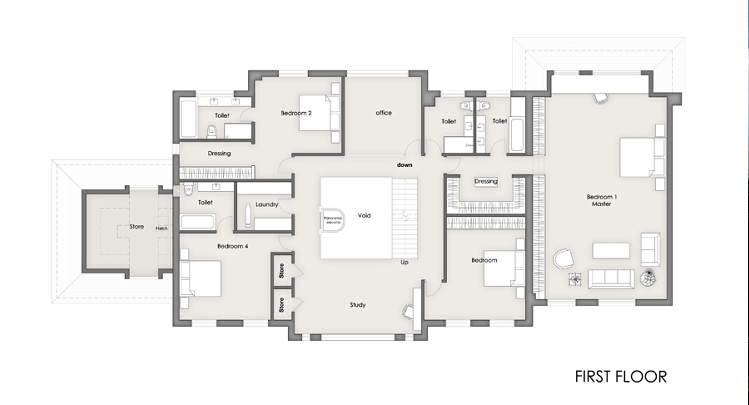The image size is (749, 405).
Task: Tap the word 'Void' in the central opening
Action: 364,216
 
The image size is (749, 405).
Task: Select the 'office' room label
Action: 383,113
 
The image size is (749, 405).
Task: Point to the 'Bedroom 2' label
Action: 296,113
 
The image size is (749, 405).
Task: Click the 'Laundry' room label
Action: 267,205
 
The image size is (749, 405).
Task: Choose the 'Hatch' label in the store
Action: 161,228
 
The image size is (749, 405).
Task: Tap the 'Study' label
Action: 358,305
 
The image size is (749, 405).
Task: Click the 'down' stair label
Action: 404,165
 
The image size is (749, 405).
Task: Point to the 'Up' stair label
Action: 404,262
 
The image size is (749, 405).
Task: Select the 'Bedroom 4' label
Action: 233,246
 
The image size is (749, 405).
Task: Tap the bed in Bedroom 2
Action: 319,113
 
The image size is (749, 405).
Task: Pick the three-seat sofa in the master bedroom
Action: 611,279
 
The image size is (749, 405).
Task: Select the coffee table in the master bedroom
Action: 611,251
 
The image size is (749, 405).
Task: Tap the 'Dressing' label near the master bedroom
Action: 486,182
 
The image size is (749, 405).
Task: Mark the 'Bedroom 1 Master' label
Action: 601,200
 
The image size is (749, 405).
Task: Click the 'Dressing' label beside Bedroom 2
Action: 219,153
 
